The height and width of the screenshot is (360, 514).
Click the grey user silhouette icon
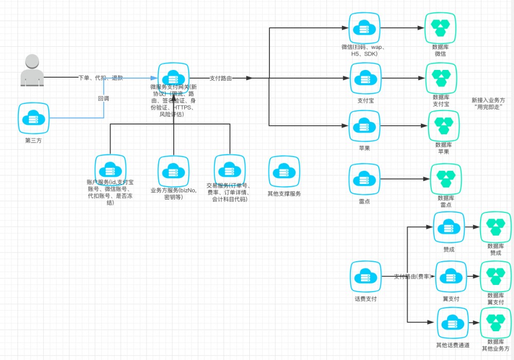coord(32,70)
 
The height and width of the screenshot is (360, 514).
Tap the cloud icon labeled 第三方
coord(33,118)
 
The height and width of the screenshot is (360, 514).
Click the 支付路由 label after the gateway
coord(221,78)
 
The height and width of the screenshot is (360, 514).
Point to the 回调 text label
coord(103,98)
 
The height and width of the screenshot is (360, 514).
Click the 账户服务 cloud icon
coord(111,170)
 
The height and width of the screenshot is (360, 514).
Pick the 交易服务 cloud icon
coord(230,170)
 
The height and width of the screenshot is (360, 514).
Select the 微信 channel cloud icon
coord(364,28)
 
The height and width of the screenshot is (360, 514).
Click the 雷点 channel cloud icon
coord(364,179)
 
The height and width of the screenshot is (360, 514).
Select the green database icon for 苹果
coord(444,126)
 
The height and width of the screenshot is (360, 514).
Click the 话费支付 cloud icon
coord(366,277)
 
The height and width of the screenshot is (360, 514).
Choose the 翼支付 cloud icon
coord(451,277)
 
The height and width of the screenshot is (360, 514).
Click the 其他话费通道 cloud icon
coord(453,323)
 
